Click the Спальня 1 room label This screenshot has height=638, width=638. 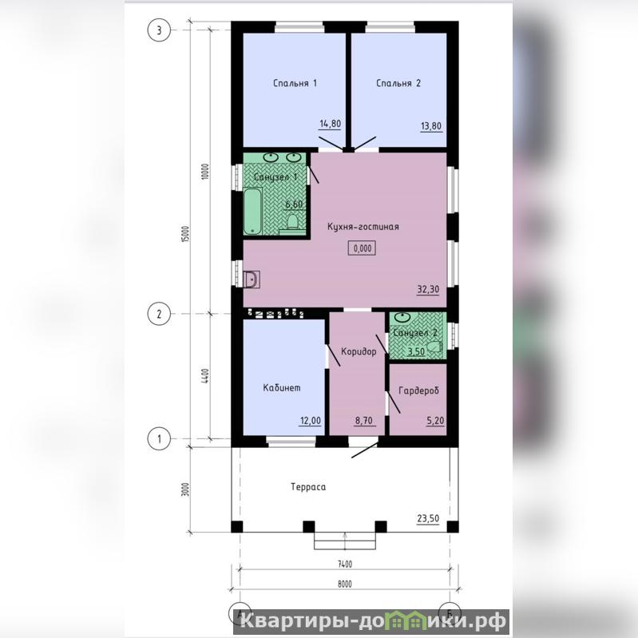click(x=295, y=83)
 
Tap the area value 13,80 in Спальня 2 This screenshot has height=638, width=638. click(x=431, y=126)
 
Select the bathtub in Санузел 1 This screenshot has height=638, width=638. click(x=254, y=211)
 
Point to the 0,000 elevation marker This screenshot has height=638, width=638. click(x=362, y=248)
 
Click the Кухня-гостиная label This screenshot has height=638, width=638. click(x=363, y=227)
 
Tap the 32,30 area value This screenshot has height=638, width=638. click(x=428, y=289)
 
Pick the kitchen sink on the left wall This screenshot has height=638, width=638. click(x=252, y=279)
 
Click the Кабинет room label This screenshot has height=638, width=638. click(x=282, y=388)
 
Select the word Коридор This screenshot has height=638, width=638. click(x=359, y=351)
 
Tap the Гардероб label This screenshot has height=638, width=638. click(x=418, y=390)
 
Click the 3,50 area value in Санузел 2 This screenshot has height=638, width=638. click(x=416, y=351)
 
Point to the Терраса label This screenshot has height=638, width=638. click(x=308, y=487)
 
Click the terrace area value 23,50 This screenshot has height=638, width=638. click(x=428, y=518)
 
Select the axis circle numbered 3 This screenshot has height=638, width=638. click(x=159, y=30)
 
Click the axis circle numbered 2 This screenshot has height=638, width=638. click(x=159, y=314)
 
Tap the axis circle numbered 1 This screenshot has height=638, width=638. click(x=159, y=438)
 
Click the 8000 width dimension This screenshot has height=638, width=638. click(x=345, y=585)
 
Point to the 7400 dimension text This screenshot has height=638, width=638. click(x=345, y=565)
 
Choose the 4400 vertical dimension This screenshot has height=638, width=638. click(x=205, y=375)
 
